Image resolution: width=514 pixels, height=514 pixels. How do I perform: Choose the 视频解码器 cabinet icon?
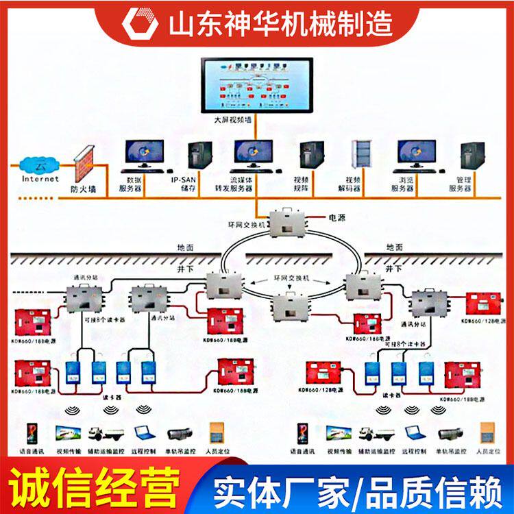coord(360,157)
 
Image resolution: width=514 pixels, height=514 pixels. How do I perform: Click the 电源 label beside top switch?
coord(337,217)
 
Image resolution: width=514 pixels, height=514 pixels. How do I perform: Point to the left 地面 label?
coord(184,247)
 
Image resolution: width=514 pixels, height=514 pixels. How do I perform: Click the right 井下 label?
coord(395,269)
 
